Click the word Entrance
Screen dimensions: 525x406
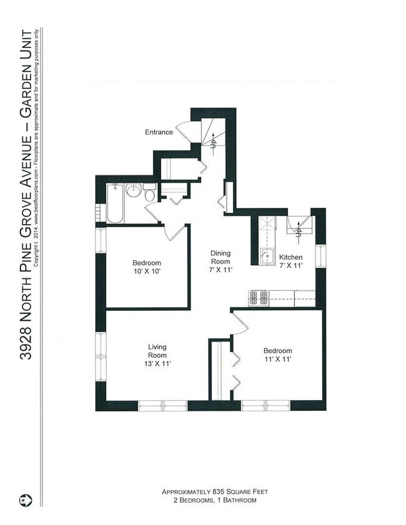[x=159, y=132]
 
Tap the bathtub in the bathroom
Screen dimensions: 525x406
[x=115, y=204]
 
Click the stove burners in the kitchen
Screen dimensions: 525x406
[x=259, y=298]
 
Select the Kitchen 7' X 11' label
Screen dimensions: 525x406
[x=290, y=261]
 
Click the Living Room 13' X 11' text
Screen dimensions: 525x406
[x=156, y=355]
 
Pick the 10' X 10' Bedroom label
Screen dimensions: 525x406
[x=147, y=267]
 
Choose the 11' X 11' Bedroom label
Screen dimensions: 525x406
[x=277, y=355]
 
